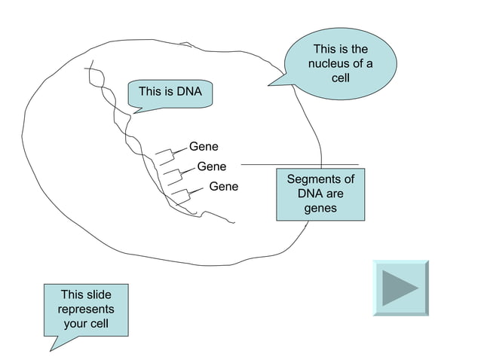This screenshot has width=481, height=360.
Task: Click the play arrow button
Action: [x=400, y=288]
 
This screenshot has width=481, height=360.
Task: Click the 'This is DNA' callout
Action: [x=170, y=93]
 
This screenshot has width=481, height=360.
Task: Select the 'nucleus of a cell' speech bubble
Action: [x=340, y=64]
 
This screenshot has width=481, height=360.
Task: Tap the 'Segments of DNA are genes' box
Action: [x=320, y=194]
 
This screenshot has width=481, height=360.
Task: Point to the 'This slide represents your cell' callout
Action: [x=85, y=310]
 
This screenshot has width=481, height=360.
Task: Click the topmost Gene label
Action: [x=204, y=146]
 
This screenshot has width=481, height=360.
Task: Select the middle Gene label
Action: [x=211, y=166]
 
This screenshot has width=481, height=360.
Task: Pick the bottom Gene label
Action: [x=223, y=186]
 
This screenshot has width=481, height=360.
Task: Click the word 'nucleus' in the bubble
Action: [x=329, y=64]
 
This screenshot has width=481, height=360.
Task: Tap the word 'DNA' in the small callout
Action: [x=190, y=92]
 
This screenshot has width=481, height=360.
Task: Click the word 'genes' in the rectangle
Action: [x=320, y=209]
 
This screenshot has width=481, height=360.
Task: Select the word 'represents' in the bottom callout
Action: [x=86, y=310]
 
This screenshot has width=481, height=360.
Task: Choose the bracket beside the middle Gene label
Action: [x=173, y=176]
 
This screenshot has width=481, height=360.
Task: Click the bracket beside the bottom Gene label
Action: [x=182, y=196]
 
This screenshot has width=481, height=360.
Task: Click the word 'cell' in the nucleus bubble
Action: [x=340, y=78]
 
